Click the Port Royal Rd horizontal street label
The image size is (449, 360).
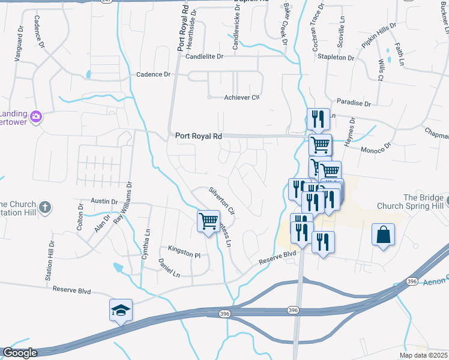point(199,136)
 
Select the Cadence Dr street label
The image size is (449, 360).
point(154,74)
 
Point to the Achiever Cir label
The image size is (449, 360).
point(241,98)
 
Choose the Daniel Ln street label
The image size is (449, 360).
point(169,268)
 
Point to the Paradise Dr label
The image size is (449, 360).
point(354,103)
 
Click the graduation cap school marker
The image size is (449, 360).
point(121,310)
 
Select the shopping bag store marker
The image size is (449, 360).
point(383,235)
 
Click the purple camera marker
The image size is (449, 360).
point(36,115)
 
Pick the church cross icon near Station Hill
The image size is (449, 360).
point(45,208)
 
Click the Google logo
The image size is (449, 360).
point(20,353)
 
